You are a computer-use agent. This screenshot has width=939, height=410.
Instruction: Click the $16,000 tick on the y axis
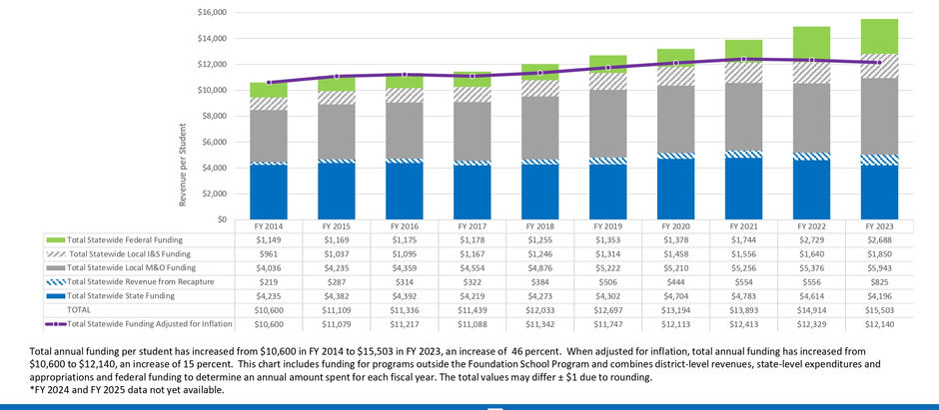tap(212, 13)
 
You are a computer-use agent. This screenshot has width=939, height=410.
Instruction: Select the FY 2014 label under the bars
tap(269, 227)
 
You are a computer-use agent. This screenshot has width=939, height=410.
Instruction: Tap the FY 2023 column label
tap(879, 227)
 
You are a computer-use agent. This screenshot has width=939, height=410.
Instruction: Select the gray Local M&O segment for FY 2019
tap(608, 124)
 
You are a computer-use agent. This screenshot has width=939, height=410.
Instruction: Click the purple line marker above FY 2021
tap(744, 59)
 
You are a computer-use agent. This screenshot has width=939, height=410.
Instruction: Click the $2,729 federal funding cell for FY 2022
tap(811, 240)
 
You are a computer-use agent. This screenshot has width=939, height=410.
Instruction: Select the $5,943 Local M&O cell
tap(879, 268)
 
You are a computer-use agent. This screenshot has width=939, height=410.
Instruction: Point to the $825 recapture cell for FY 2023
tap(879, 282)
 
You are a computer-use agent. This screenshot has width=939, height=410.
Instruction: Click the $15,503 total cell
tap(879, 310)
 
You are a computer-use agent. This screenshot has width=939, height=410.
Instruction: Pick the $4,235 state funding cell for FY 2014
tap(269, 296)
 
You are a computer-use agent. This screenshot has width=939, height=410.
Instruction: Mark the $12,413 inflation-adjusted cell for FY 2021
tap(744, 324)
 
